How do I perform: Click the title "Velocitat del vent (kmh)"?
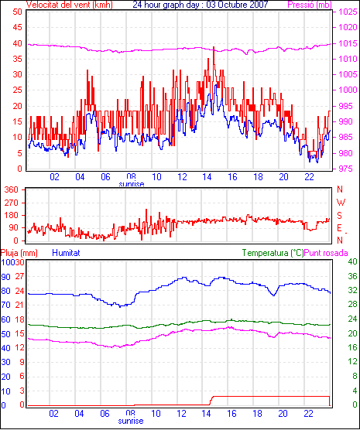tap(70, 5)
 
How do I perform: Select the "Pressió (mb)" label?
tap(310, 5)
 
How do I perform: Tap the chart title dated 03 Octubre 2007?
tap(201, 5)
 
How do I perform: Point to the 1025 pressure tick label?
tap(348, 12)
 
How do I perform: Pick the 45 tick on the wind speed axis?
tap(17, 27)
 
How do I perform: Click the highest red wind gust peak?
tap(214, 48)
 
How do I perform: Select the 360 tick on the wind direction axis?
tap(12, 189)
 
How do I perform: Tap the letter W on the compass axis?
tap(341, 203)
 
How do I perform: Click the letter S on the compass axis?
tap(339, 216)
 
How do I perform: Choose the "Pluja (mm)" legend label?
tap(19, 253)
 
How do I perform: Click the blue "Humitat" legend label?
tap(66, 253)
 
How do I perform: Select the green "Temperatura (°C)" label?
tap(273, 253)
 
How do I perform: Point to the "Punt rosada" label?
tap(326, 253)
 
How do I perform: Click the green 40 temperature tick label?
tap(352, 261)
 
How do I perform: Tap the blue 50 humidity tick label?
tap(6, 334)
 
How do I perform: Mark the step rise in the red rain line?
tap(211, 400)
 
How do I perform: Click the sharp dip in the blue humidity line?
tap(273, 295)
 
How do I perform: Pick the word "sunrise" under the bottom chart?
tap(131, 421)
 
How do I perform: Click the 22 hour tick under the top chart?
tap(309, 177)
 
